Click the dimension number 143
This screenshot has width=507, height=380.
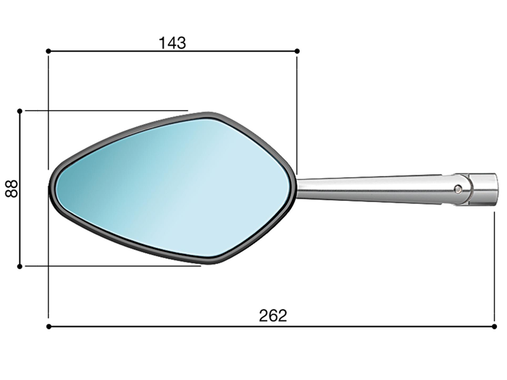click(x=172, y=43)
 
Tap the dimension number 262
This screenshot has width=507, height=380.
click(x=273, y=315)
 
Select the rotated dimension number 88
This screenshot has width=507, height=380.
click(x=11, y=189)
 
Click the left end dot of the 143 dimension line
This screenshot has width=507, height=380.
click(x=49, y=51)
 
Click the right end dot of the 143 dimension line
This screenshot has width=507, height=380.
click(x=297, y=51)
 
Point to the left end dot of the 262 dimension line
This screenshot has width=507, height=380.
click(x=49, y=327)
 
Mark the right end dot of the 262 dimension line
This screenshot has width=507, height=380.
click(x=494, y=327)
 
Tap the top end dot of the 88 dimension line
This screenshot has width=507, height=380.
click(x=20, y=111)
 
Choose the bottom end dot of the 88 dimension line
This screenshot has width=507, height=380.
click(x=20, y=266)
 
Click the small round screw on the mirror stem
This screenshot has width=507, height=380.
click(x=458, y=189)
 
